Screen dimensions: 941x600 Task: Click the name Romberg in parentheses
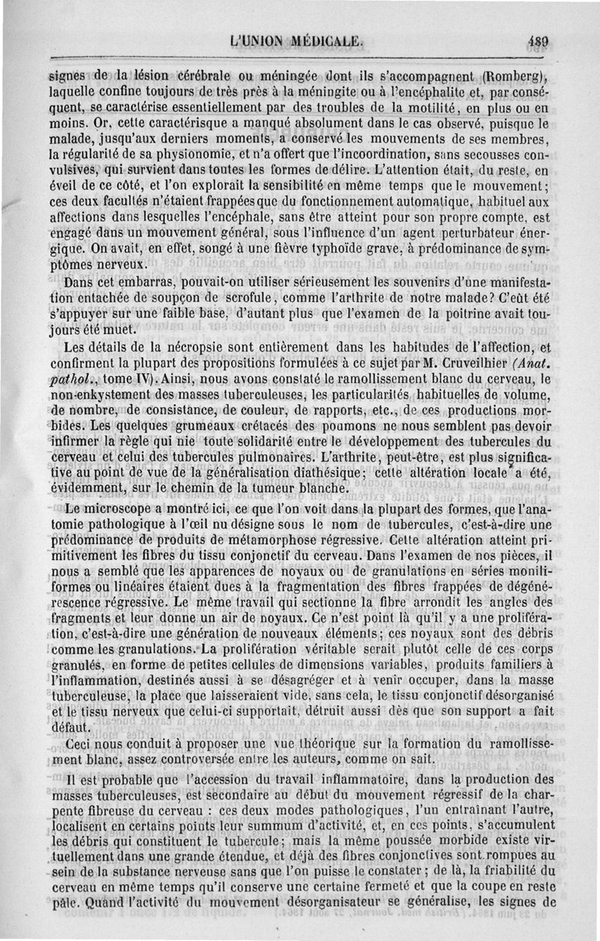click(517, 75)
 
